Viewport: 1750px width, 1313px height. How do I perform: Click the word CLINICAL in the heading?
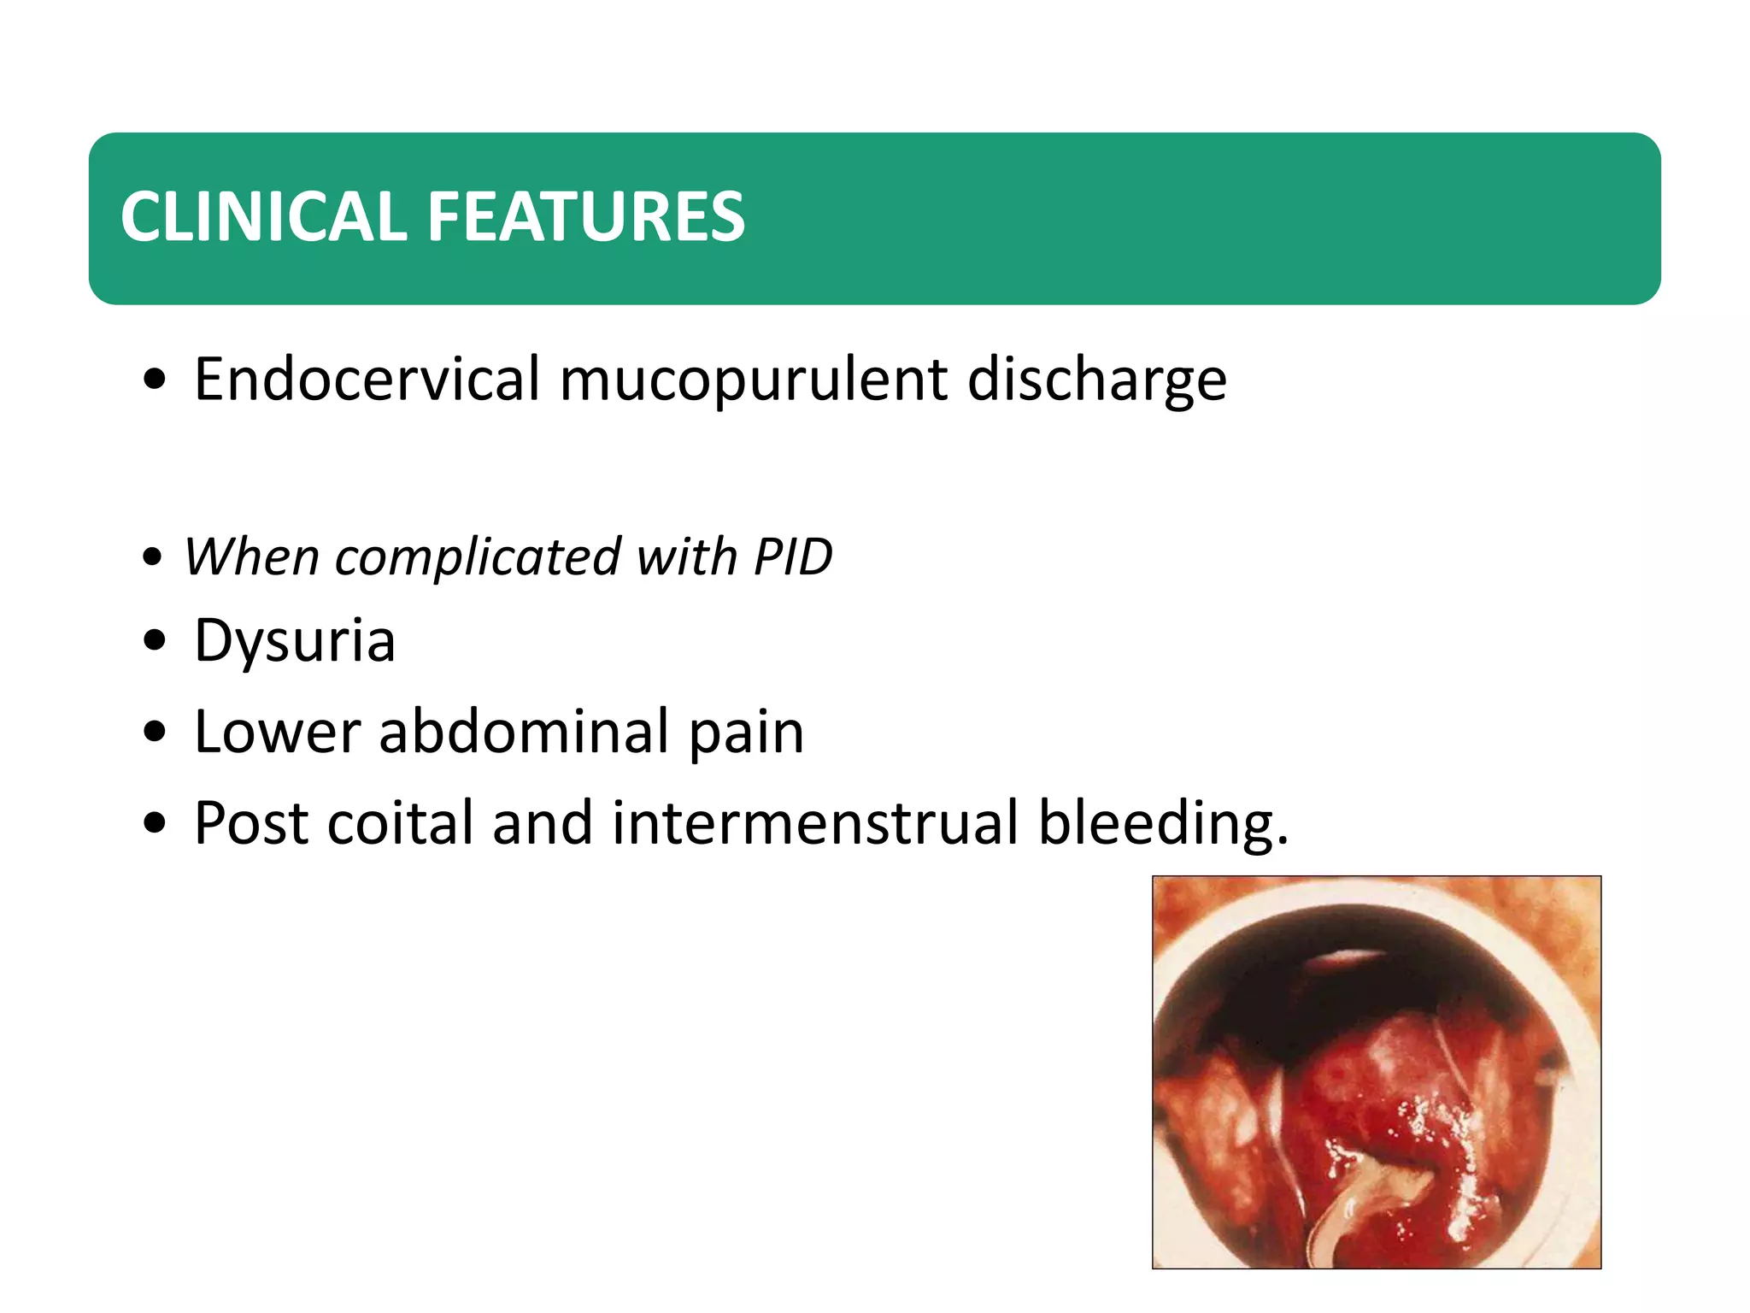click(x=264, y=217)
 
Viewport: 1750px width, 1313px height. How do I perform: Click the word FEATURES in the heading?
click(x=585, y=217)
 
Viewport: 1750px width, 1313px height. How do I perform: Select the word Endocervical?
click(x=367, y=379)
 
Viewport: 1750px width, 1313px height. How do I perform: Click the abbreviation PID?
click(x=792, y=557)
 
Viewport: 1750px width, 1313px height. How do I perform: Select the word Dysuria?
click(x=295, y=641)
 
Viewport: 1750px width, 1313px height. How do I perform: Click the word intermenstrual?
click(x=815, y=822)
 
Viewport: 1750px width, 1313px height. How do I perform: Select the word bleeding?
click(x=1163, y=824)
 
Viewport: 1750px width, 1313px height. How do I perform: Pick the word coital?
click(x=400, y=822)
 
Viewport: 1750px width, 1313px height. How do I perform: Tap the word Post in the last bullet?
click(x=251, y=822)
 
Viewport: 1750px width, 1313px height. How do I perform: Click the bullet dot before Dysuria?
click(x=155, y=641)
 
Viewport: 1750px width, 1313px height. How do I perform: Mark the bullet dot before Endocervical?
click(x=155, y=380)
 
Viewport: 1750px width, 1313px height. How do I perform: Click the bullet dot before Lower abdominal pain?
click(x=155, y=732)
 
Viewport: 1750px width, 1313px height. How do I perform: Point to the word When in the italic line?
click(x=252, y=557)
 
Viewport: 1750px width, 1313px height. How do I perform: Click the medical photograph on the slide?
click(x=1376, y=1072)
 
